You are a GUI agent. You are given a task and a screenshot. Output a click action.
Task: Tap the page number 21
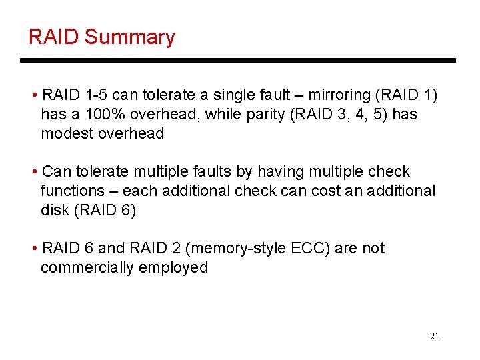tap(434, 336)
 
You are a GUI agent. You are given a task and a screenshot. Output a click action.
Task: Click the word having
tap(278, 171)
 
